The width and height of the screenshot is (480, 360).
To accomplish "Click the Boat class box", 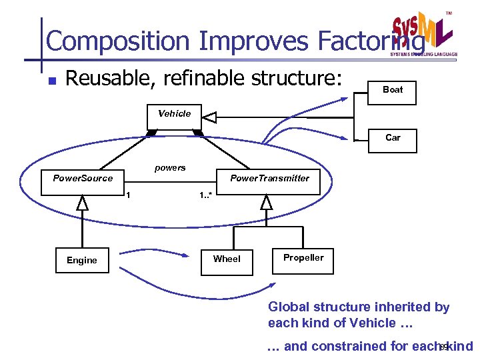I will (393, 89).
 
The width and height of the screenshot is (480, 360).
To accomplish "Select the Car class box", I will (393, 137).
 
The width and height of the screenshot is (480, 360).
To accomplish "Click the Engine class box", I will (82, 260).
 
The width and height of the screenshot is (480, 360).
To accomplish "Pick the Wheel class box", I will (227, 259).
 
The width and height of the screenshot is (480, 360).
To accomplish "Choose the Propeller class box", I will (303, 258).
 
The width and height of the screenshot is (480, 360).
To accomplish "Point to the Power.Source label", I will (83, 178).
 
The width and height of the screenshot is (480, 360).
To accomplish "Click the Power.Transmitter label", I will (269, 178).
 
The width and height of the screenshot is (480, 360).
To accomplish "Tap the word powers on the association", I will (170, 168).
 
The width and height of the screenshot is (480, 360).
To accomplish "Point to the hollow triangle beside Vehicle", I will (209, 117).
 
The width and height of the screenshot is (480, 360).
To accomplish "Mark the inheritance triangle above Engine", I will (82, 202).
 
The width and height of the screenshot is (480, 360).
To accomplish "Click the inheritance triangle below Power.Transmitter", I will (267, 202).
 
